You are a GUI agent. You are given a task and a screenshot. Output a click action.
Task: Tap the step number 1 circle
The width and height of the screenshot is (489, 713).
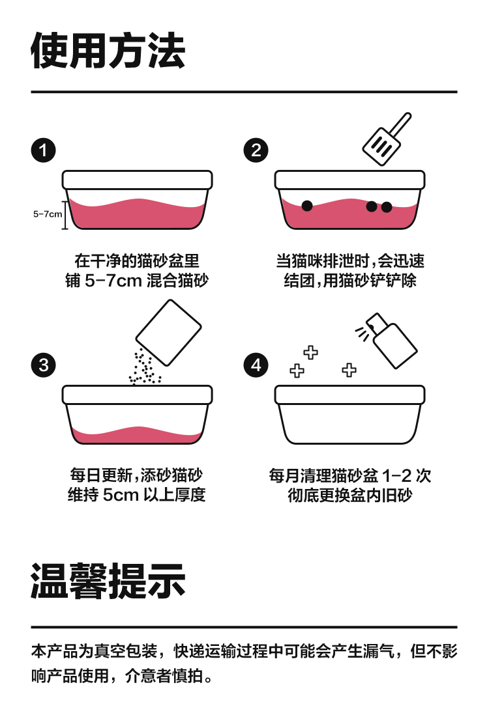(x=44, y=150)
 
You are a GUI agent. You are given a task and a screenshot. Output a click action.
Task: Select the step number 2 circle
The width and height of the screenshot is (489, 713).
(x=256, y=150)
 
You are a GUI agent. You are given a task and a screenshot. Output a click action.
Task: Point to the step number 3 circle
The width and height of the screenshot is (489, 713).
(x=44, y=365)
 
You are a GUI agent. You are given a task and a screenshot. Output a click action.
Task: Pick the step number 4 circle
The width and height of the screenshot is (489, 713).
(x=256, y=365)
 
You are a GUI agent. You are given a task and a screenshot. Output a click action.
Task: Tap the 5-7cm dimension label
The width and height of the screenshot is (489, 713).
(x=47, y=214)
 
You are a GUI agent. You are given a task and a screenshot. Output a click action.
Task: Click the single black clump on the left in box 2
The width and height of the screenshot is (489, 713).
(x=306, y=206)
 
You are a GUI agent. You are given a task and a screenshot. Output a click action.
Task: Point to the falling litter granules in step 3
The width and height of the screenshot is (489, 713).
(x=143, y=367)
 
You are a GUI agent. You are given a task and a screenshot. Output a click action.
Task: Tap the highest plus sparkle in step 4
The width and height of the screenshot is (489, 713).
(x=311, y=353)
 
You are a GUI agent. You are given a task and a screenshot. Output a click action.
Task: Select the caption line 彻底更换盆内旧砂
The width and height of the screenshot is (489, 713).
(x=350, y=496)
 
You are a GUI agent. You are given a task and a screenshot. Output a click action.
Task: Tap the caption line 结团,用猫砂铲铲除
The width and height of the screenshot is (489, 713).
(x=350, y=281)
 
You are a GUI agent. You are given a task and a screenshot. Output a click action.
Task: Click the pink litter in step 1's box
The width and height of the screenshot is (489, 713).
(x=137, y=212)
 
